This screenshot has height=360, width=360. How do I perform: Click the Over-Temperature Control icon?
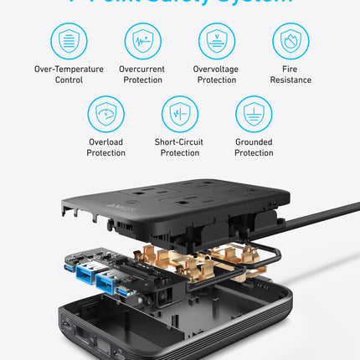(69, 40)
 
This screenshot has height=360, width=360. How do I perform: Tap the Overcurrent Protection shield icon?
(142, 40)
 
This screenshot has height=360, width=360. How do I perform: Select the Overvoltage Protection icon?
(216, 40)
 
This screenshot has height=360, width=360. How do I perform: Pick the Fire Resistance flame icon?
(291, 40)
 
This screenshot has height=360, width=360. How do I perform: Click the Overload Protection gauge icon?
(105, 113)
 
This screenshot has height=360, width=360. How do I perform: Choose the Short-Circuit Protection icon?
(179, 113)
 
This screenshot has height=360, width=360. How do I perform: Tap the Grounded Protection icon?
(253, 113)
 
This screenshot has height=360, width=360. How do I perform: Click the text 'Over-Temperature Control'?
(69, 75)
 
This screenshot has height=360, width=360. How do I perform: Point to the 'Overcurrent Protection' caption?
(142, 75)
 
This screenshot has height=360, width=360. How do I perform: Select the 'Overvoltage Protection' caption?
(216, 75)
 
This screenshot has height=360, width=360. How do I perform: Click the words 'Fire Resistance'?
(291, 75)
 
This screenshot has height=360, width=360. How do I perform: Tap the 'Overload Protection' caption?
(105, 147)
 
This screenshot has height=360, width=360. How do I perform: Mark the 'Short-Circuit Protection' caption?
(179, 147)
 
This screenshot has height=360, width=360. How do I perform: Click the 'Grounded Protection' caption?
(253, 147)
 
